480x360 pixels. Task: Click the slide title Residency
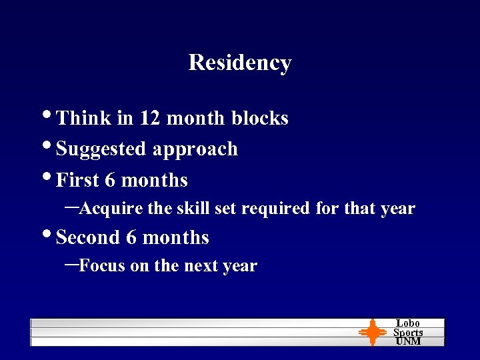(240, 62)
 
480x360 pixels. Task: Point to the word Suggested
(102, 149)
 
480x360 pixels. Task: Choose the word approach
(195, 149)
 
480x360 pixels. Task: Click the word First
(78, 180)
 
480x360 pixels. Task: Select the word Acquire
(111, 209)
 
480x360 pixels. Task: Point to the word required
(275, 209)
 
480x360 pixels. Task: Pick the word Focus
(102, 266)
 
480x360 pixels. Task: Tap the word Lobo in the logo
(408, 323)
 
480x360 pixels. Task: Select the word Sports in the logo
(408, 332)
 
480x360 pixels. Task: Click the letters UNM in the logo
(408, 341)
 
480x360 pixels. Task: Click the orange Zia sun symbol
(372, 332)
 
